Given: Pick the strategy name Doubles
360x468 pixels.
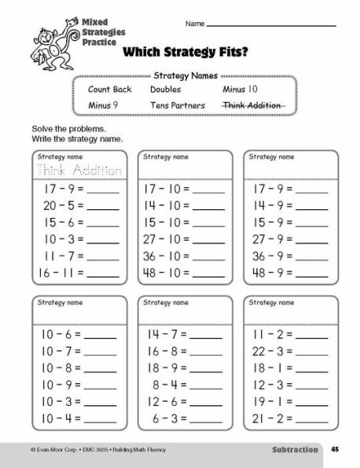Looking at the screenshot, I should click(165, 90).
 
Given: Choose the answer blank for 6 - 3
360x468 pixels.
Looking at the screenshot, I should click(207, 420).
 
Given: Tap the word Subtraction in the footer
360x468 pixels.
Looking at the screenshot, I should click(295, 451).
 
